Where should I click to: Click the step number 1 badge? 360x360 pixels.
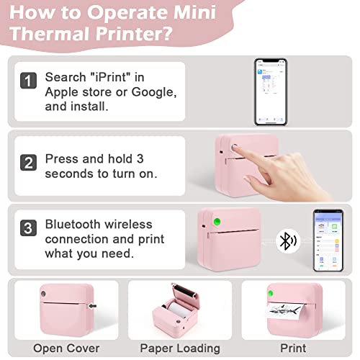pyautogui.click(x=27, y=81)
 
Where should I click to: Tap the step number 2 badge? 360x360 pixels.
pyautogui.click(x=27, y=163)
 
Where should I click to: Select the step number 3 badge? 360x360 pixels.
pyautogui.click(x=27, y=230)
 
